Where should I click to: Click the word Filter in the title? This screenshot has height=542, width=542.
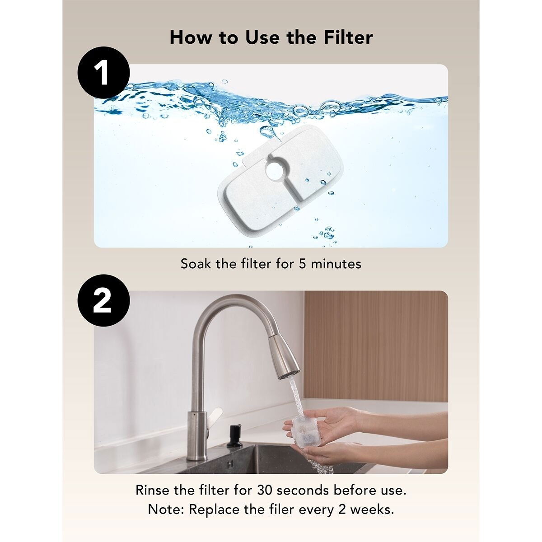click(348, 37)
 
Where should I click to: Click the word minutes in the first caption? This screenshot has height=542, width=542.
click(336, 263)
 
